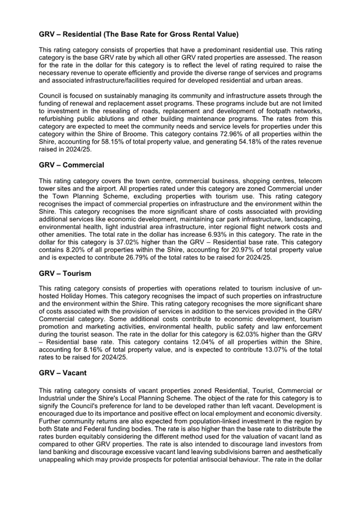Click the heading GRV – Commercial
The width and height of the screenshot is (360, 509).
coord(71,165)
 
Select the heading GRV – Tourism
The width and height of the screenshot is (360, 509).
coord(65,274)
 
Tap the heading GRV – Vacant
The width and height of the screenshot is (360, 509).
coord(63,373)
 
